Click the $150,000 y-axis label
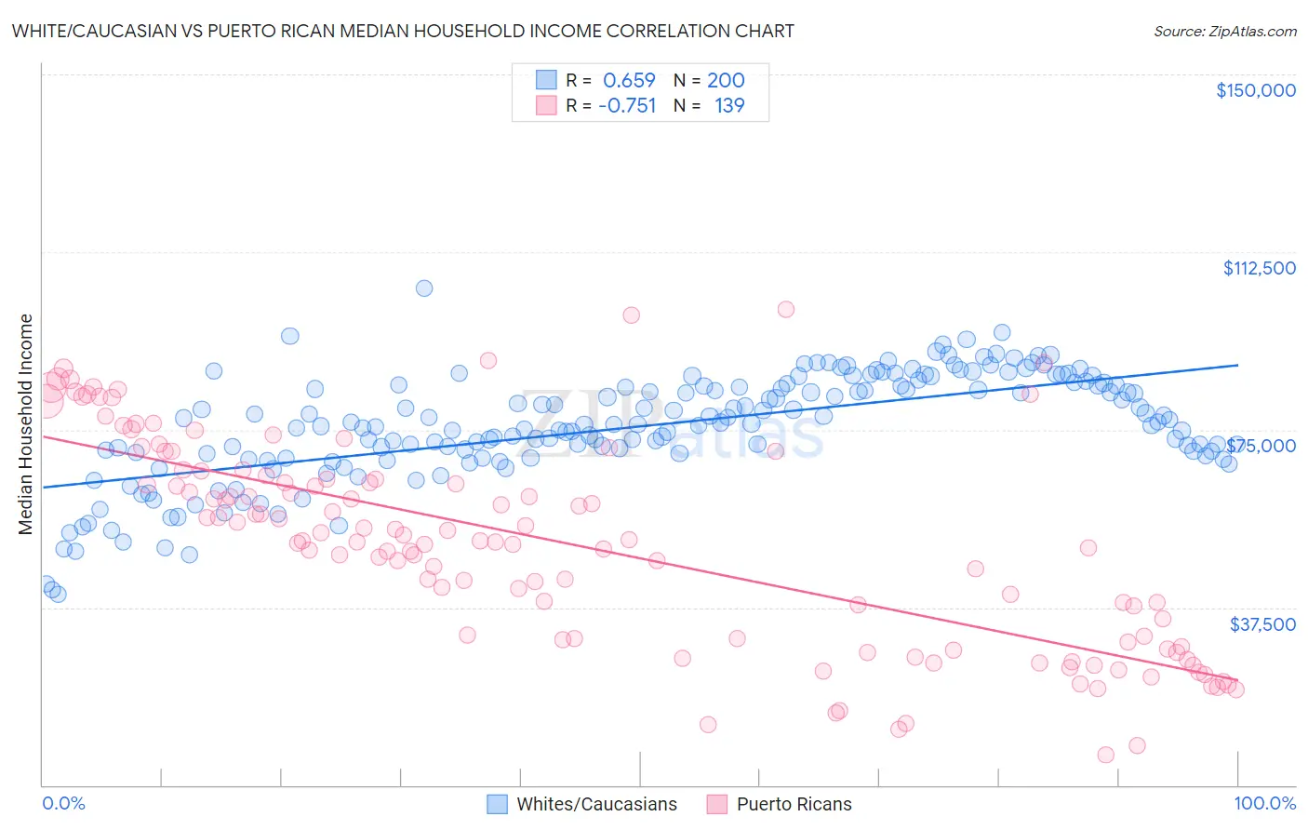coord(1255,90)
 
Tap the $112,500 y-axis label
coord(1259,268)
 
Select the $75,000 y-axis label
coord(1261,446)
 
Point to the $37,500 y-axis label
coord(1261,624)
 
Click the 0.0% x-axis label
coord(63,803)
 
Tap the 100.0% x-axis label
coord(1264,803)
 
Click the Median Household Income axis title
coord(25,424)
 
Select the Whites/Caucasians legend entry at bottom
coord(596,804)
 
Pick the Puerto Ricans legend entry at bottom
coord(794,804)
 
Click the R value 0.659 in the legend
coord(629,81)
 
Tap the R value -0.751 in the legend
coord(627,105)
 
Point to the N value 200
coord(726,81)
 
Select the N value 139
coord(729,105)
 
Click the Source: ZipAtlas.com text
coord(1224,31)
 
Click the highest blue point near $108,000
coord(424,288)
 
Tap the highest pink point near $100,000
coord(786,310)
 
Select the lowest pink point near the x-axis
coord(1106,755)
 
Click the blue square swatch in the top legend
coord(546,81)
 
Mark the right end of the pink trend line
coord(1238,681)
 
